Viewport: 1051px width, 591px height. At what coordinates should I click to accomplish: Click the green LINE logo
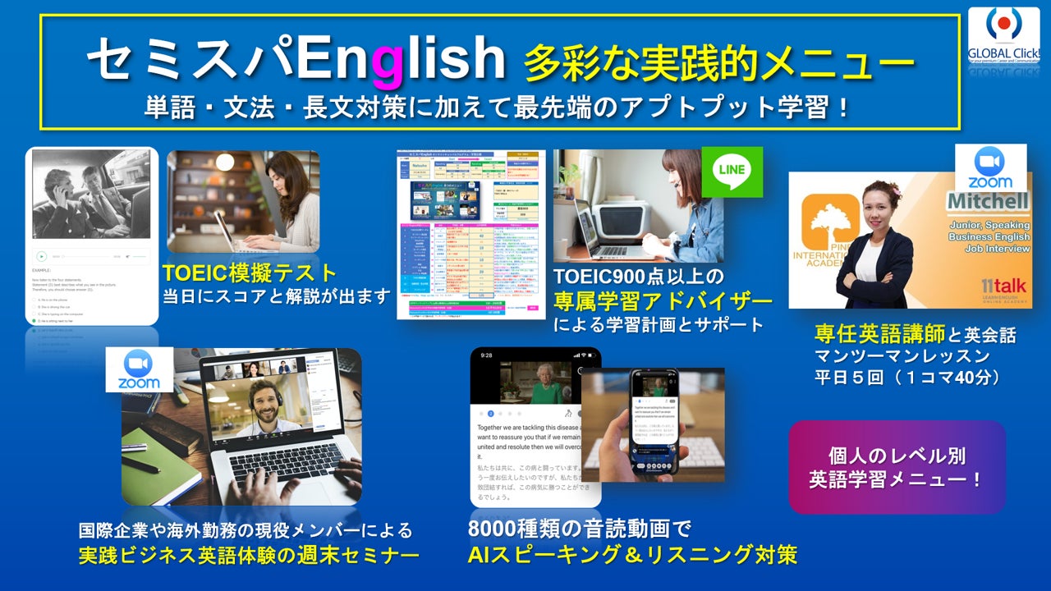point(732,171)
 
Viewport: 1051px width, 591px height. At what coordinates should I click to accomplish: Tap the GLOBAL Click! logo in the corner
point(1003,37)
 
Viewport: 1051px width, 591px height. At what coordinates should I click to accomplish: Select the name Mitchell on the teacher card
point(987,201)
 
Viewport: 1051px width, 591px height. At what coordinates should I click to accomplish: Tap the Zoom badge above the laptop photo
point(139,370)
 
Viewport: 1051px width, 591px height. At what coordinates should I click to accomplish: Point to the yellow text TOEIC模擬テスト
point(249,272)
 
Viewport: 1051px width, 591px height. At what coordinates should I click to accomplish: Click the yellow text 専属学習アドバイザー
point(663,300)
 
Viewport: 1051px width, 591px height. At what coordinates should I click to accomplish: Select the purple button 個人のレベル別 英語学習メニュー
point(897,467)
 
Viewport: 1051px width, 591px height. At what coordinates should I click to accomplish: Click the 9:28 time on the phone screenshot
point(487,355)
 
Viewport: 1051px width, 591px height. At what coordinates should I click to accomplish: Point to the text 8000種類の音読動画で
point(580,528)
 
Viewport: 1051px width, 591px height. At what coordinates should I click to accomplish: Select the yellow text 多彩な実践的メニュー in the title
point(718,62)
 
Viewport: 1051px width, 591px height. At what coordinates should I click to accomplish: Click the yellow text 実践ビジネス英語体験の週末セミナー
point(248,555)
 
